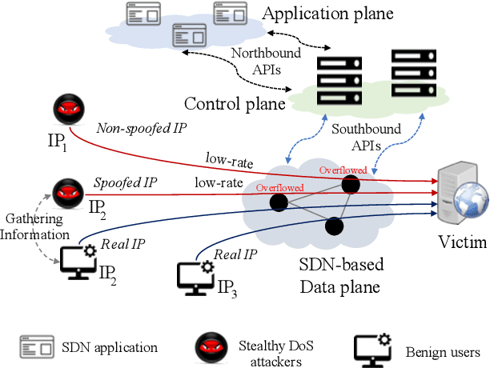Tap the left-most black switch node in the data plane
279,203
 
